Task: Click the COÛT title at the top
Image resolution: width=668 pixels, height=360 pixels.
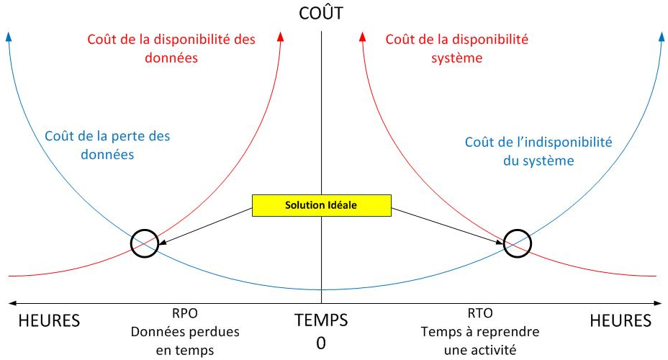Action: (321, 13)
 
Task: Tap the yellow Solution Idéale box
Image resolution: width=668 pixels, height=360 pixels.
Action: (322, 205)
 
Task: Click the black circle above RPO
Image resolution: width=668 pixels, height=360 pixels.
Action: (131, 243)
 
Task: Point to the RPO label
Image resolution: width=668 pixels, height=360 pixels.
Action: (185, 313)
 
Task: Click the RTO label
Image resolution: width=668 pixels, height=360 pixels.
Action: (480, 313)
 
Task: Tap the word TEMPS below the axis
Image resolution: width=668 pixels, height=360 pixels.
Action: (321, 320)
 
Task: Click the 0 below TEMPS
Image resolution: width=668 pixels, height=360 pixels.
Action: (321, 343)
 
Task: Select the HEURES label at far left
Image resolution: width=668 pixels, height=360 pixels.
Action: (49, 321)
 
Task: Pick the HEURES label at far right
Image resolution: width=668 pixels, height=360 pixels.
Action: (620, 321)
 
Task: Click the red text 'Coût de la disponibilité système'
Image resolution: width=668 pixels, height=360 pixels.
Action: (456, 48)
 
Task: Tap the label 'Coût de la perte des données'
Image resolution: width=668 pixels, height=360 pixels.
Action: (107, 145)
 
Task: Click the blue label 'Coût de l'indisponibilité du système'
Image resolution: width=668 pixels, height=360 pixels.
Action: (538, 151)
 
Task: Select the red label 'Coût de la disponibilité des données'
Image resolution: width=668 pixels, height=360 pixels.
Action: (171, 48)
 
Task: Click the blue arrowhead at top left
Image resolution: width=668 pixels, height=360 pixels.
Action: (9, 37)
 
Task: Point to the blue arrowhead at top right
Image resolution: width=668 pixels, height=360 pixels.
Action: (661, 37)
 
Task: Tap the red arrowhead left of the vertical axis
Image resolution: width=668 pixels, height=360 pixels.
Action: (280, 37)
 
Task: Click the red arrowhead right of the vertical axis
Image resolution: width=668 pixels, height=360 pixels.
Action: (363, 37)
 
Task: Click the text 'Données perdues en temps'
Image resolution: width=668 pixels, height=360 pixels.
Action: (185, 341)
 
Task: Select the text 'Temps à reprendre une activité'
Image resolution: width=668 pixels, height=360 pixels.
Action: (480, 341)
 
